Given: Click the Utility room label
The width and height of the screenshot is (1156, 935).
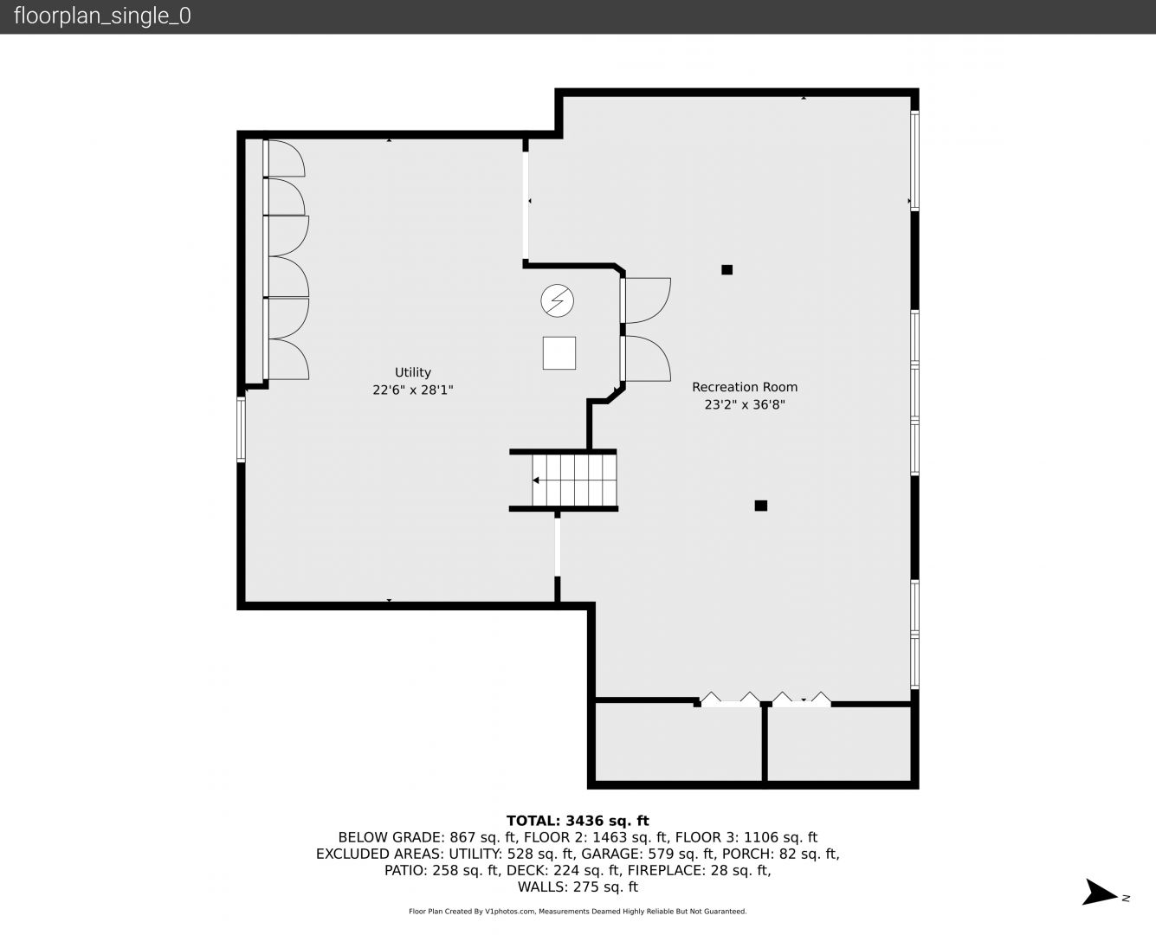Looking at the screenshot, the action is (x=412, y=372).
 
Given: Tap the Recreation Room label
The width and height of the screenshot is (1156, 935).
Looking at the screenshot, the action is (x=745, y=387).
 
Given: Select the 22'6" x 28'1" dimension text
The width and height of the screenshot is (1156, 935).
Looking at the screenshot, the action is (x=412, y=390).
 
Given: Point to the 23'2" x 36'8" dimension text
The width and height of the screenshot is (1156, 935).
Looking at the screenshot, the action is (x=745, y=404).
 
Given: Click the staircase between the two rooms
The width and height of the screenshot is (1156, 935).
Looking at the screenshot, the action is (x=574, y=480).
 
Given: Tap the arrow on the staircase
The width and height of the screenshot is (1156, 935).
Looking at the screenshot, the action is (x=536, y=480).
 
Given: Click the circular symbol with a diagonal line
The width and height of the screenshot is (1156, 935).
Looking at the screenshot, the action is (x=558, y=300).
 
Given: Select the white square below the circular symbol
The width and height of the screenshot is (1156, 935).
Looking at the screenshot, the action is (x=559, y=353).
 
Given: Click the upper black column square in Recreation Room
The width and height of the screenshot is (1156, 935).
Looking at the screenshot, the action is (x=727, y=270).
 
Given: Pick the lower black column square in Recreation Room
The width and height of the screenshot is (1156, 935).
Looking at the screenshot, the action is (x=761, y=506).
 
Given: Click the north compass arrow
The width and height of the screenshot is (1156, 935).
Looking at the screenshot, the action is (x=1100, y=892).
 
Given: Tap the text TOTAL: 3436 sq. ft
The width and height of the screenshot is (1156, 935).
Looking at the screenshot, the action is (x=578, y=821).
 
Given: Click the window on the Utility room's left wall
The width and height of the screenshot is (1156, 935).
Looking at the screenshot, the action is (x=241, y=429).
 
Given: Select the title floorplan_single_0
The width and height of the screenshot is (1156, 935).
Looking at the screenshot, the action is (x=102, y=16).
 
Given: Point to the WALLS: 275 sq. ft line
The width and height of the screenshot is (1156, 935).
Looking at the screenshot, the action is (x=578, y=887).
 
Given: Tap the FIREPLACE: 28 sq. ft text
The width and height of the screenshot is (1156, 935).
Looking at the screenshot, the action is (x=699, y=871).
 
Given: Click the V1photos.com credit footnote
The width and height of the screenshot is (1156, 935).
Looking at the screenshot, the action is (x=578, y=912).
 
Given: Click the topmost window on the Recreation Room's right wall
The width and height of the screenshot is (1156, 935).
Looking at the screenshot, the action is (x=914, y=161).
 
